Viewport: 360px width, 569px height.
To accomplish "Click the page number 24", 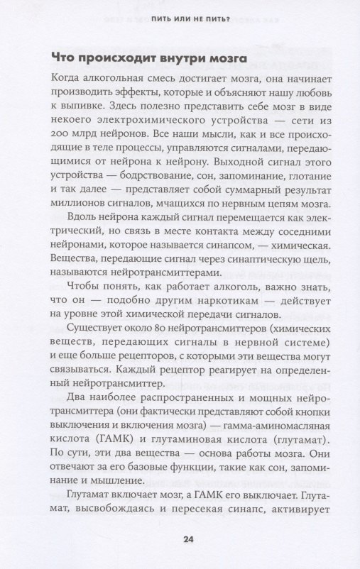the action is tap(188, 541).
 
